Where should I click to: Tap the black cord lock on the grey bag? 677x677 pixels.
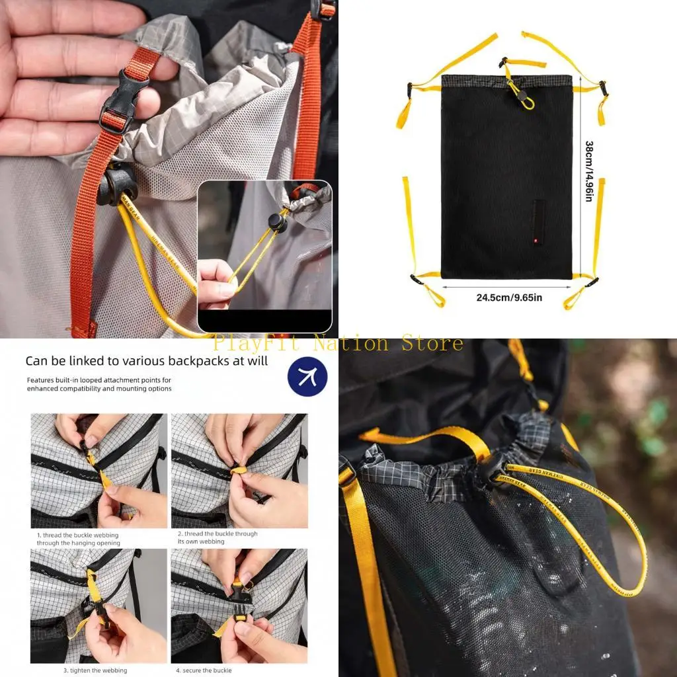[x=116, y=184]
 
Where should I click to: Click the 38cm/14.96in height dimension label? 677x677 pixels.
[x=588, y=171]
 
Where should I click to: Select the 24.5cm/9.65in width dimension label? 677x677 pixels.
[x=509, y=298]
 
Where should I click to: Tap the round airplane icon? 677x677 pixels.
[x=307, y=377]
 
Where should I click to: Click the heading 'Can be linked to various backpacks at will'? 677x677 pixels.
[x=147, y=361]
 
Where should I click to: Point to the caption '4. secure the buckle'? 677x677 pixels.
[x=204, y=670]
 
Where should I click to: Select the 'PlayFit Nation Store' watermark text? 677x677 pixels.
[x=338, y=344]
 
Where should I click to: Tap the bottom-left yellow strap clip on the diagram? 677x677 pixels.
[x=418, y=280]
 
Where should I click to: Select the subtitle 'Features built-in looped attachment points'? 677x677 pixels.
[x=99, y=384]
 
